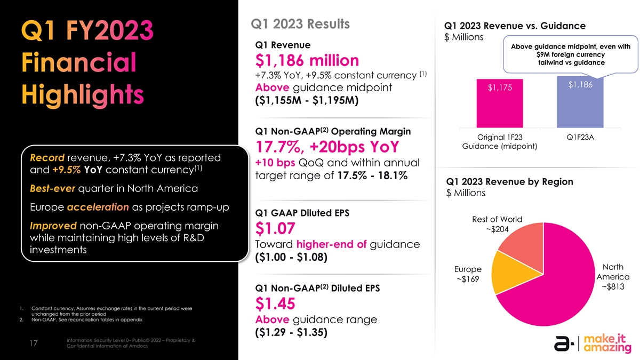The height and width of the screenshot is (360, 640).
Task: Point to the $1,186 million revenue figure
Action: tap(307, 60)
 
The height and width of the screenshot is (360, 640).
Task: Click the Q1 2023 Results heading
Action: tap(299, 25)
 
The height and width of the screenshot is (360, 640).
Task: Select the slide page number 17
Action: tap(33, 344)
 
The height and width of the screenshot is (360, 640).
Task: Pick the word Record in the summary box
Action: tap(47, 158)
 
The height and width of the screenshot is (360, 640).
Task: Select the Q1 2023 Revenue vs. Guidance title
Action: tap(510, 26)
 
